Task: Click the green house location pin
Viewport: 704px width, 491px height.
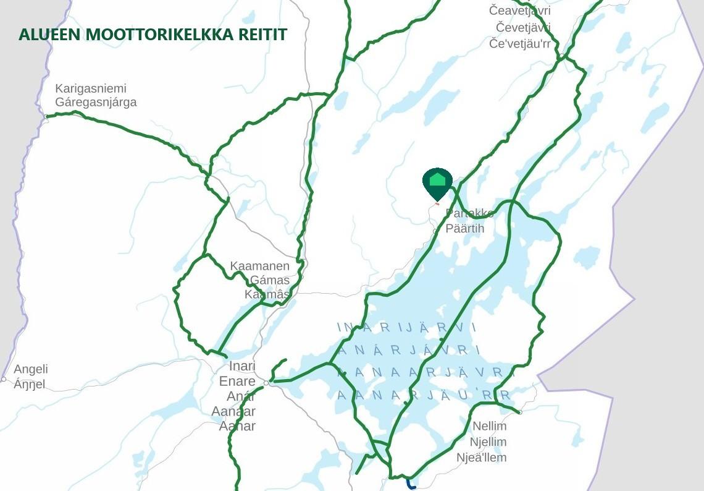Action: click(437, 181)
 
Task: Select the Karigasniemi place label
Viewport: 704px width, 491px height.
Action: click(91, 88)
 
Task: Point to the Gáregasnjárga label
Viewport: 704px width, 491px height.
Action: click(96, 103)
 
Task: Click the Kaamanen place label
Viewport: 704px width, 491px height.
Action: click(259, 266)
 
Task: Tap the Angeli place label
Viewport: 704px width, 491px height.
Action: click(31, 369)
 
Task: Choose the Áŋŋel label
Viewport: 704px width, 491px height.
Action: click(30, 385)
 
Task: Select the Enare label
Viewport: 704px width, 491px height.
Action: click(237, 381)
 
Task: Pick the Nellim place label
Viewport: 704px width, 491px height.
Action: click(489, 426)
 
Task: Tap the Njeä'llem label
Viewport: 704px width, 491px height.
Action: click(481, 458)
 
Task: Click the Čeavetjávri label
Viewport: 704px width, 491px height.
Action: click(519, 11)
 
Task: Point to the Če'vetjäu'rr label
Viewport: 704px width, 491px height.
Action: click(519, 43)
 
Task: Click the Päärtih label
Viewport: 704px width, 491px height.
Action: click(465, 229)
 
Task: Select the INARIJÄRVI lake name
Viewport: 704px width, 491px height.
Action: click(406, 327)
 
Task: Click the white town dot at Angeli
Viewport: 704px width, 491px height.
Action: click(4, 379)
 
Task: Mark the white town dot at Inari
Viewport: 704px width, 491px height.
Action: click(266, 383)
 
